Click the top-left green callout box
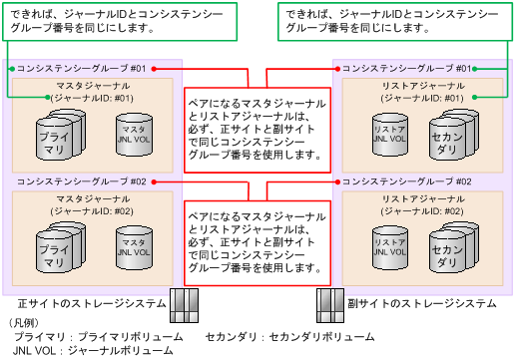(119, 21)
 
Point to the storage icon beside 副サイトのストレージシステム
(330, 302)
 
